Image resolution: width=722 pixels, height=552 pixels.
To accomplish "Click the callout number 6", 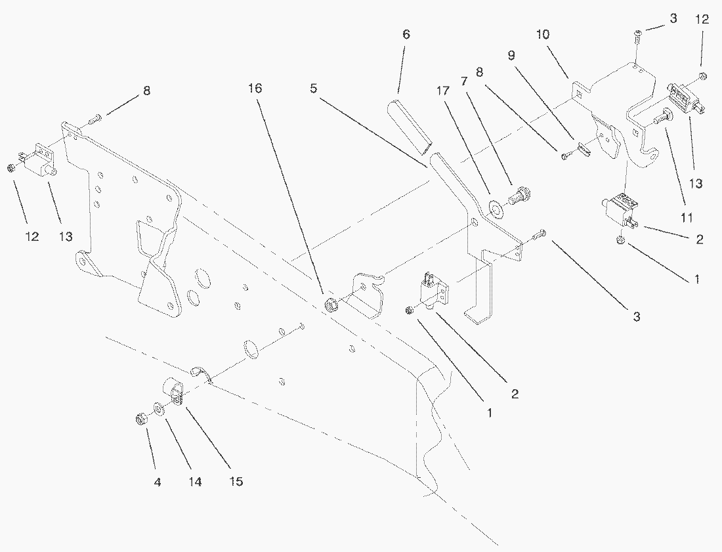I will coord(406,35).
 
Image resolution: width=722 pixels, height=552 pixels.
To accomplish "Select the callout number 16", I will coord(255,88).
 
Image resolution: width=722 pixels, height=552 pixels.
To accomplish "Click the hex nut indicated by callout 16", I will coord(332,305).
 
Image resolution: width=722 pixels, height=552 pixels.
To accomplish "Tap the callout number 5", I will coord(314,88).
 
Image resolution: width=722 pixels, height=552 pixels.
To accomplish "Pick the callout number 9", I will coord(511,56).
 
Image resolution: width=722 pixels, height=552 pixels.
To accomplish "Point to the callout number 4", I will coord(157,481).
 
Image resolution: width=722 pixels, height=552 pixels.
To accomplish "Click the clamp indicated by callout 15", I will coord(174,391).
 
